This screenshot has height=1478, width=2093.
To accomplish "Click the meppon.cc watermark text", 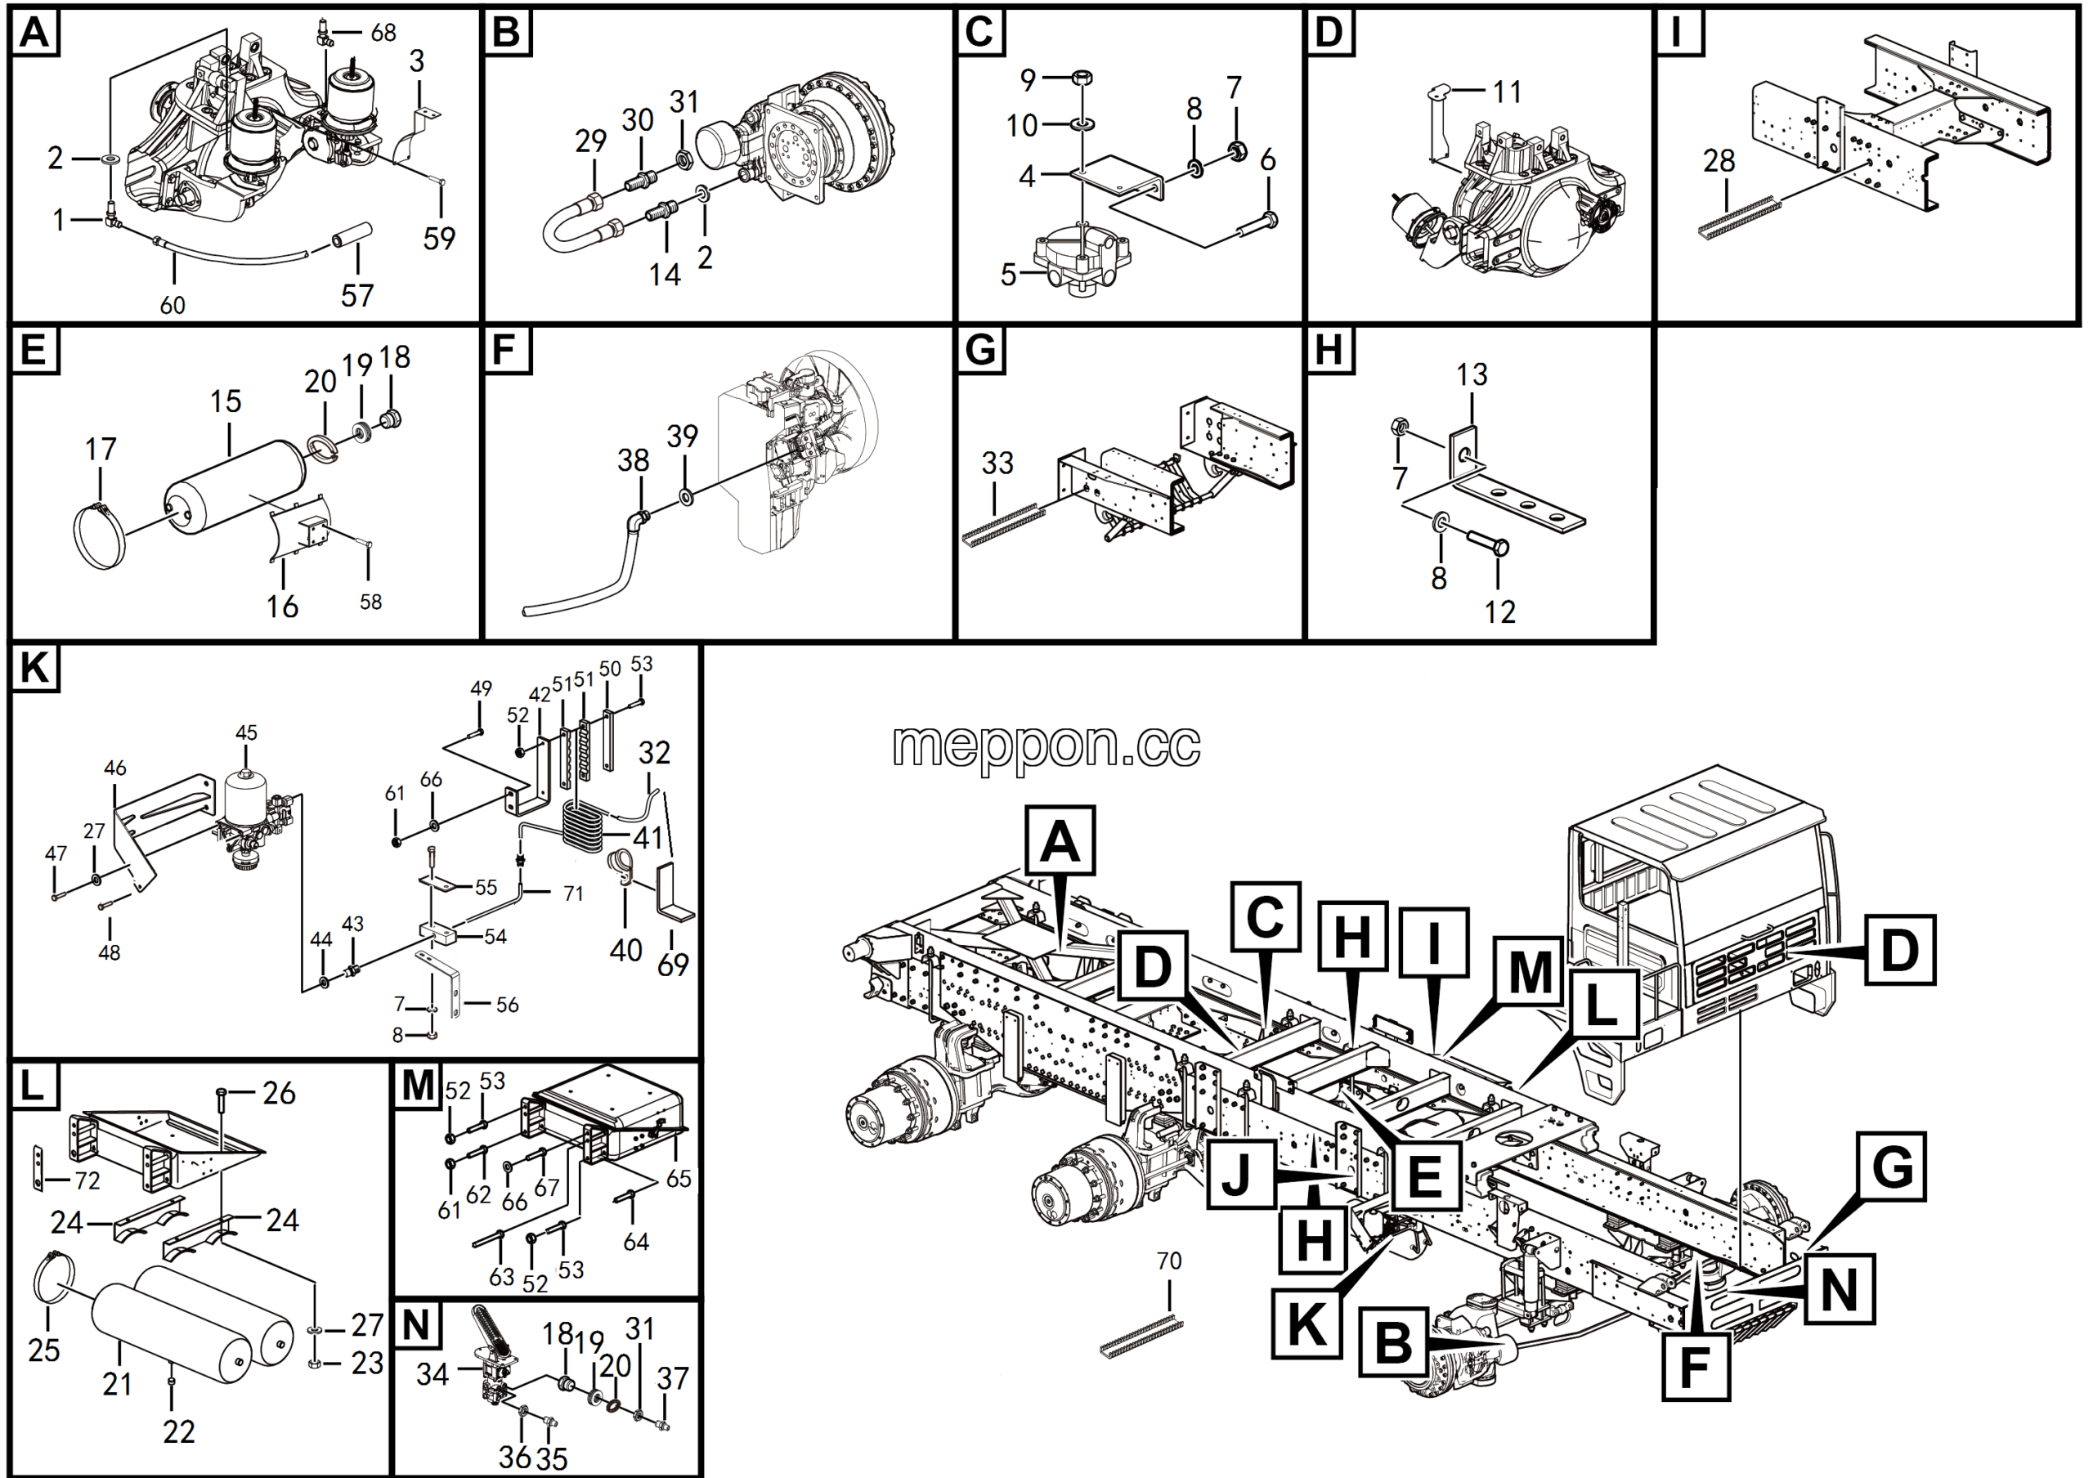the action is coord(1046,746).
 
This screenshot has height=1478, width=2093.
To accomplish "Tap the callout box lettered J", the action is coord(1239,1175).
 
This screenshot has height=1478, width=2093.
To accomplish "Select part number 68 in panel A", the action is coord(383,33).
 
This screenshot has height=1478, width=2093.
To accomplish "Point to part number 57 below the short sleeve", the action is coord(357,294).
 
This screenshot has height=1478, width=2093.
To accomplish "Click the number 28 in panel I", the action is coord(1719,160).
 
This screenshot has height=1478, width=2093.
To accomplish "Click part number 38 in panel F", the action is coord(633,460).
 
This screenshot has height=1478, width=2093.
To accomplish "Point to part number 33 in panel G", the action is coord(997,463).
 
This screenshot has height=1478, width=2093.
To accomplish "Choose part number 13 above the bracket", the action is coord(1472,374).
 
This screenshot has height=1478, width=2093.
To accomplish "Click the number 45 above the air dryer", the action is coord(246,732).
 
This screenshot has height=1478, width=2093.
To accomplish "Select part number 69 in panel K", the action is coord(673,964).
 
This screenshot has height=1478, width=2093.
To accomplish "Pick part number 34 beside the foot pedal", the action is coord(432,1373).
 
